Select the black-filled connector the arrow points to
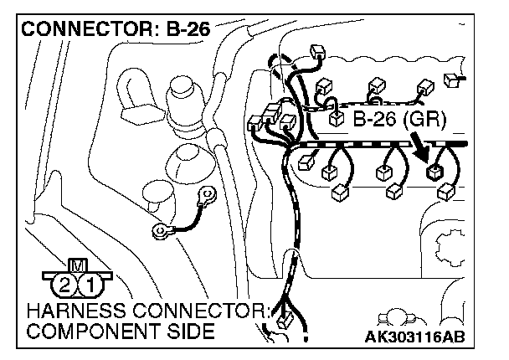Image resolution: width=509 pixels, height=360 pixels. coord(435,173)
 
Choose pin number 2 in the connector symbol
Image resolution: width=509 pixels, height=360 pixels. coord(64,286)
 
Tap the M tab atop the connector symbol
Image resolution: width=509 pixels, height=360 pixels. coord(78,265)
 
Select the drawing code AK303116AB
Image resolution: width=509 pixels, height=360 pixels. coord(415,337)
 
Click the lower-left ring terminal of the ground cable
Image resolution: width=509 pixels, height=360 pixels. coord(159,230)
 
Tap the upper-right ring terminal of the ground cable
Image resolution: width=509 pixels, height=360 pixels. coord(203,196)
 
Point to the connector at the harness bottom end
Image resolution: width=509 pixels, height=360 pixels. coord(282,319)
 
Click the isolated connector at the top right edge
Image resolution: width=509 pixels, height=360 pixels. coord(454,80)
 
